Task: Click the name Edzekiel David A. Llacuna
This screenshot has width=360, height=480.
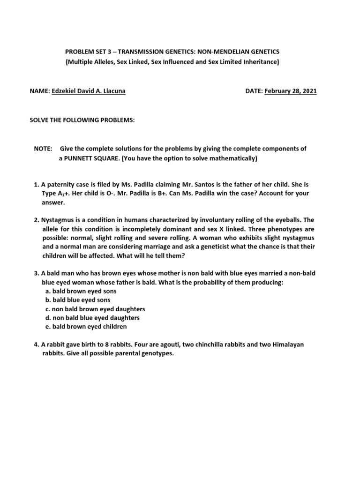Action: point(89,91)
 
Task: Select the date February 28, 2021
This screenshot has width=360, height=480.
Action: point(291,91)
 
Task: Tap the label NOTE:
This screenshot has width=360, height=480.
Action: point(43,149)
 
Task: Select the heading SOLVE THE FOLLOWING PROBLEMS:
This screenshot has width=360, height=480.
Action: point(82,120)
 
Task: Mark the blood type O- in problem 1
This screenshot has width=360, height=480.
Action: point(95,193)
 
